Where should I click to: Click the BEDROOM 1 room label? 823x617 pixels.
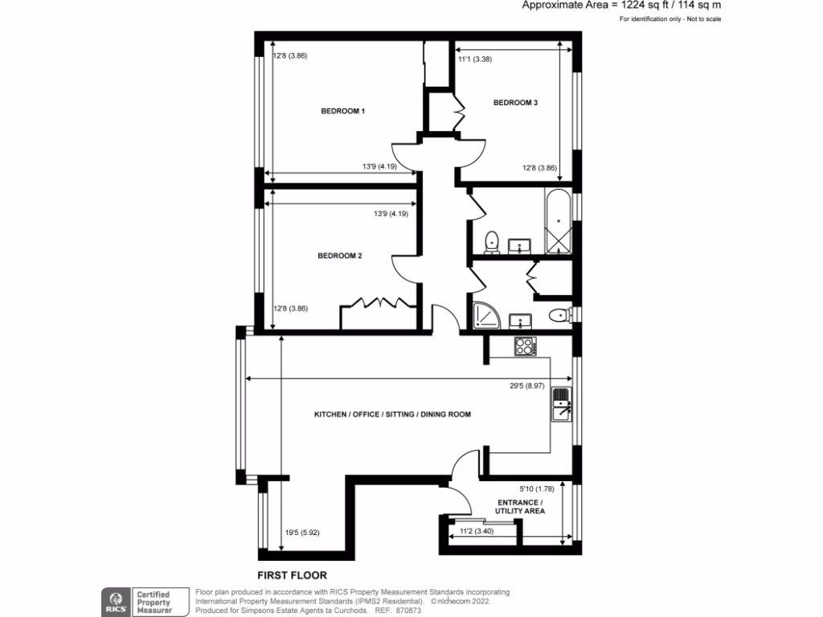point(343,111)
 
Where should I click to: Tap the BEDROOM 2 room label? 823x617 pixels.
point(340,256)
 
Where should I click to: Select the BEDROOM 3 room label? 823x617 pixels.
point(515,103)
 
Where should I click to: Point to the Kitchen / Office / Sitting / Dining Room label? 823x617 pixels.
point(392,415)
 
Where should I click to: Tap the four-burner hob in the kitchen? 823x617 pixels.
point(525,347)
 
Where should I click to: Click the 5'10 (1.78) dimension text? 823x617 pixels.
point(538,488)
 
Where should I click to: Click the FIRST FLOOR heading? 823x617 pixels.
point(292,575)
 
